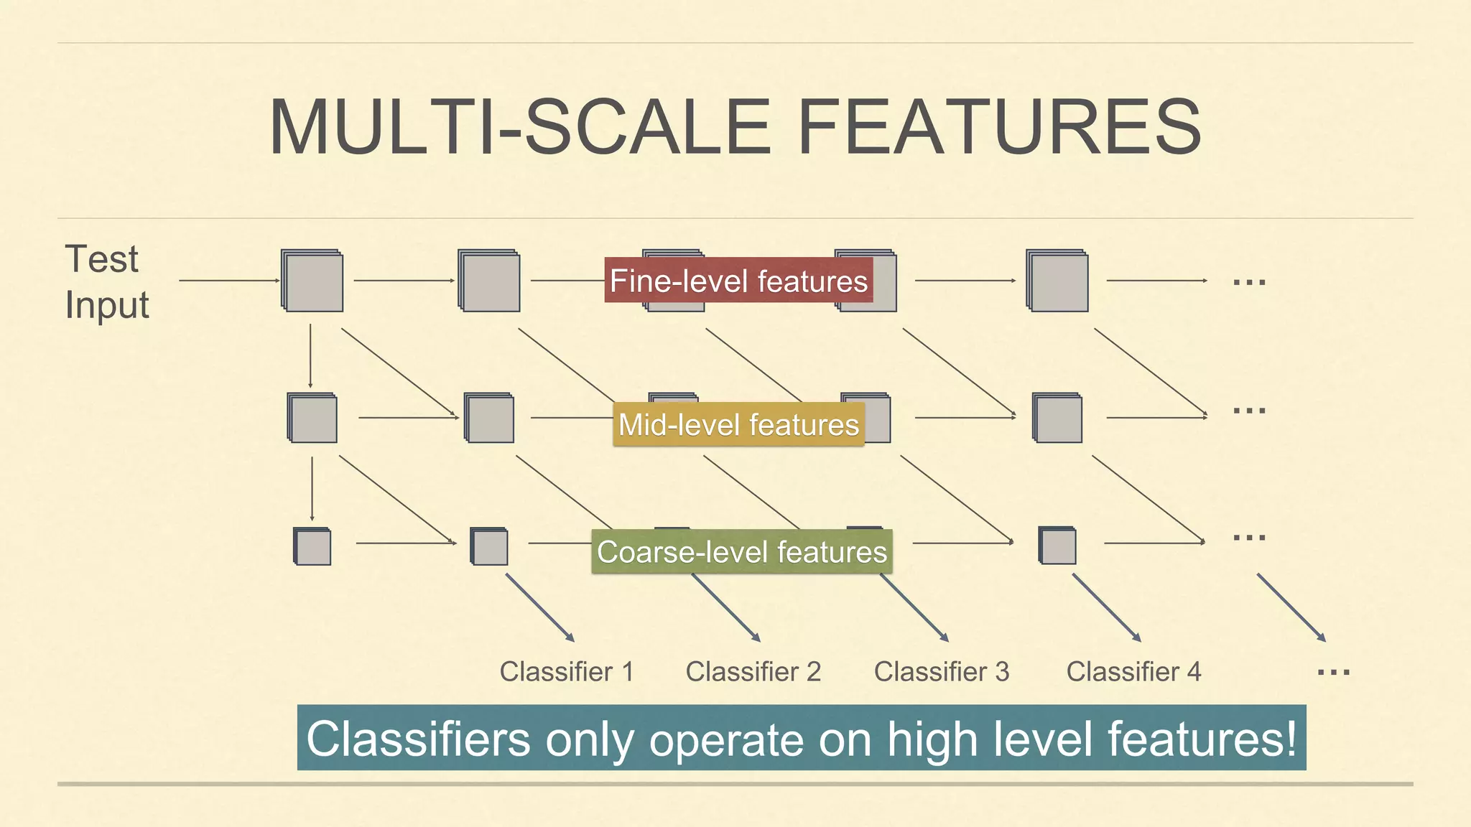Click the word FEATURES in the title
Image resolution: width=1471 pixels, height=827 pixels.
click(999, 127)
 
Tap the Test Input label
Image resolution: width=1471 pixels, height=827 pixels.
click(106, 281)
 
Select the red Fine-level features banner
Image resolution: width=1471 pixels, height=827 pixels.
click(738, 280)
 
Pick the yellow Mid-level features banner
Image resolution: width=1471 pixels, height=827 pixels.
click(738, 424)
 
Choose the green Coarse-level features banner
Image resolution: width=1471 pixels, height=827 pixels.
click(742, 551)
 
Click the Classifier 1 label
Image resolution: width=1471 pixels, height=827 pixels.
click(567, 672)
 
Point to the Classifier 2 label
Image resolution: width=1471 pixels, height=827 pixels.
click(753, 672)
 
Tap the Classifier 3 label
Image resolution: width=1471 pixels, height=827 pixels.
click(941, 672)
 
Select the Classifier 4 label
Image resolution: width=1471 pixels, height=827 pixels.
click(1133, 672)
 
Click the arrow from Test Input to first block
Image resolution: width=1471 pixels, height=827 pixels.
click(228, 281)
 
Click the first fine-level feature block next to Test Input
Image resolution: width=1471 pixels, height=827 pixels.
click(312, 281)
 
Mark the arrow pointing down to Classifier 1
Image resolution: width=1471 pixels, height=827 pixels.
click(540, 607)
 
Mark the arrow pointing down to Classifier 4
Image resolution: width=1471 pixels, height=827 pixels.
click(1106, 607)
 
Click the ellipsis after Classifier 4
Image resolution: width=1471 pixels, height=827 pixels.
click(1333, 673)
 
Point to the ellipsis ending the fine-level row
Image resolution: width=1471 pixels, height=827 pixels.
click(1249, 282)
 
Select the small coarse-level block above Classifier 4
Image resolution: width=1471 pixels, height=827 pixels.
click(1057, 546)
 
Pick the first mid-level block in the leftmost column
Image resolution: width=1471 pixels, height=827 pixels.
click(312, 418)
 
